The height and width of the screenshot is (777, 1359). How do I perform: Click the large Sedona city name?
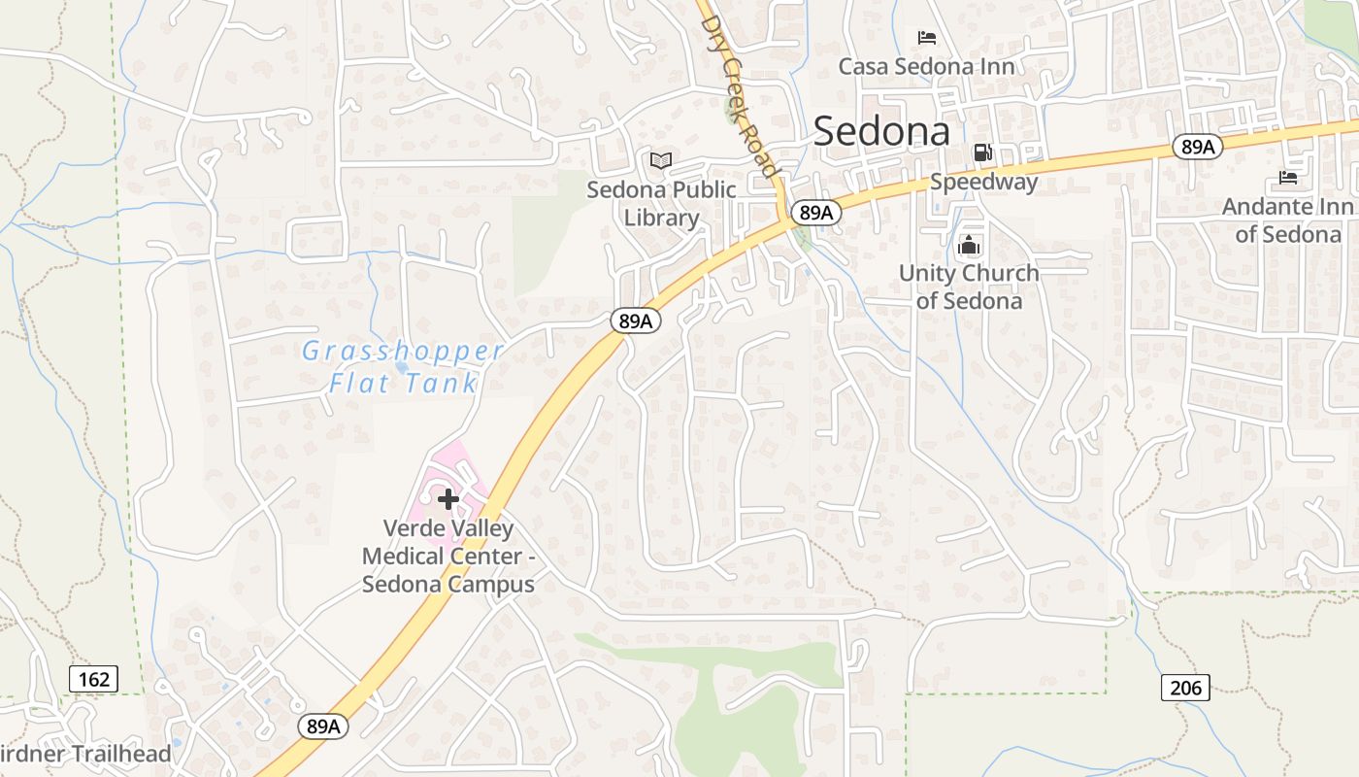881,131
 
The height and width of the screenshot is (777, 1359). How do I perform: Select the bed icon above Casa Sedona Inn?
927,38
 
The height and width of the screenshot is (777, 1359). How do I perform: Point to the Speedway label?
983,182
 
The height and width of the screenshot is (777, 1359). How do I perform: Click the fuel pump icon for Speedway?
982,152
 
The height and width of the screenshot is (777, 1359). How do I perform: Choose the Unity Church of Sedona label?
969,287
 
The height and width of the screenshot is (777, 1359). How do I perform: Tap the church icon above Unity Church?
968,246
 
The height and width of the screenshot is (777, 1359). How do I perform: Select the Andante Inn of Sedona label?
1287,220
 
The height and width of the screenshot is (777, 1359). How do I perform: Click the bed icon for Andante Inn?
1288,178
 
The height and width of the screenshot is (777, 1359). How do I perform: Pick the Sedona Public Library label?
661,203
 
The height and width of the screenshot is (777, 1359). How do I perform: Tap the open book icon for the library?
660,160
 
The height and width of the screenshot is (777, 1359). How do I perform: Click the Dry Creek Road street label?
741,95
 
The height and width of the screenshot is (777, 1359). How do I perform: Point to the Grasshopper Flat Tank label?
403,366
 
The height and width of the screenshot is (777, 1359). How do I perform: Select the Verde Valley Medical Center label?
448,557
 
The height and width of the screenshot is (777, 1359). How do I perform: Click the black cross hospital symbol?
447,500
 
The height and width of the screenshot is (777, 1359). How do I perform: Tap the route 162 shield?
93,678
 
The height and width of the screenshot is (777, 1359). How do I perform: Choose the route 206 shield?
1185,688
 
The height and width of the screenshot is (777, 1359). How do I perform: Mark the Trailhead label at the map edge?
85,754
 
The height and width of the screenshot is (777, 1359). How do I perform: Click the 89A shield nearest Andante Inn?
1196,147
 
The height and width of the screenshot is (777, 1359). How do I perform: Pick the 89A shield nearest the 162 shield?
322,726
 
